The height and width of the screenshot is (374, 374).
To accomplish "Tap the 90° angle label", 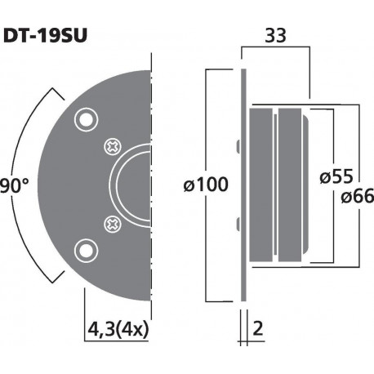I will coord(14,185).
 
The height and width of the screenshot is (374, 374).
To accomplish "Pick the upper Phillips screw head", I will coord(113,148).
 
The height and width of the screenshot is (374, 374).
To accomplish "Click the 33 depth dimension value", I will coord(276,36).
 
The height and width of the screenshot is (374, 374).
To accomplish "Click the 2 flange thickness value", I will coord(258,330).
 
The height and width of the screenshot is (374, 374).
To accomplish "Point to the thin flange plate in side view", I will coord(243,185).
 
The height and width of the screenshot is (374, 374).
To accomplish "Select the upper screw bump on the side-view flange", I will coord(237,148).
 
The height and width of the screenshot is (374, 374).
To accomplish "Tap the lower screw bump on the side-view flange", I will coord(237,221).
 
